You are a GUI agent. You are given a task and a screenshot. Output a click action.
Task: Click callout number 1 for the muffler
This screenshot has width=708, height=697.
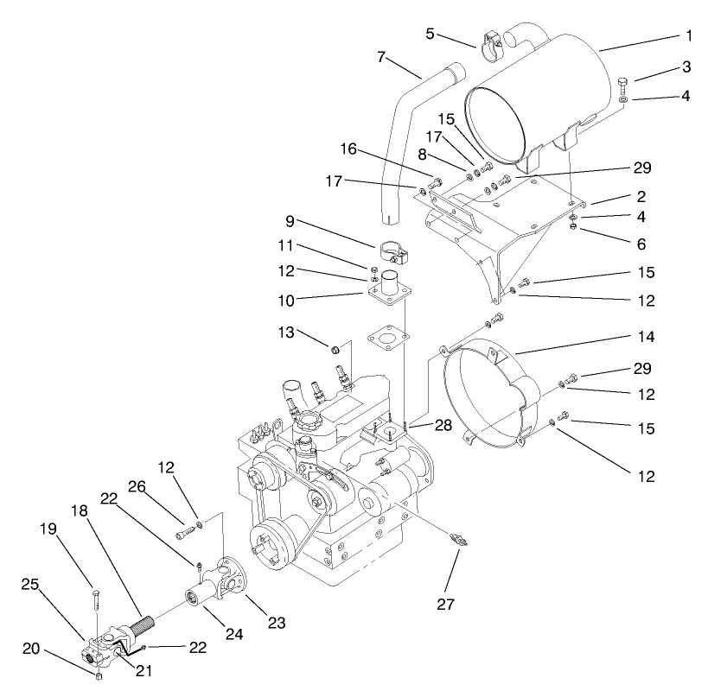tap(689, 36)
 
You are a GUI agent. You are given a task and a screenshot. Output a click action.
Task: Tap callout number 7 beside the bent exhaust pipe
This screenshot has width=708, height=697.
tap(380, 59)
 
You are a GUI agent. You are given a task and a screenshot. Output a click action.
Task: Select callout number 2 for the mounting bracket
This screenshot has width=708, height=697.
tap(689, 198)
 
